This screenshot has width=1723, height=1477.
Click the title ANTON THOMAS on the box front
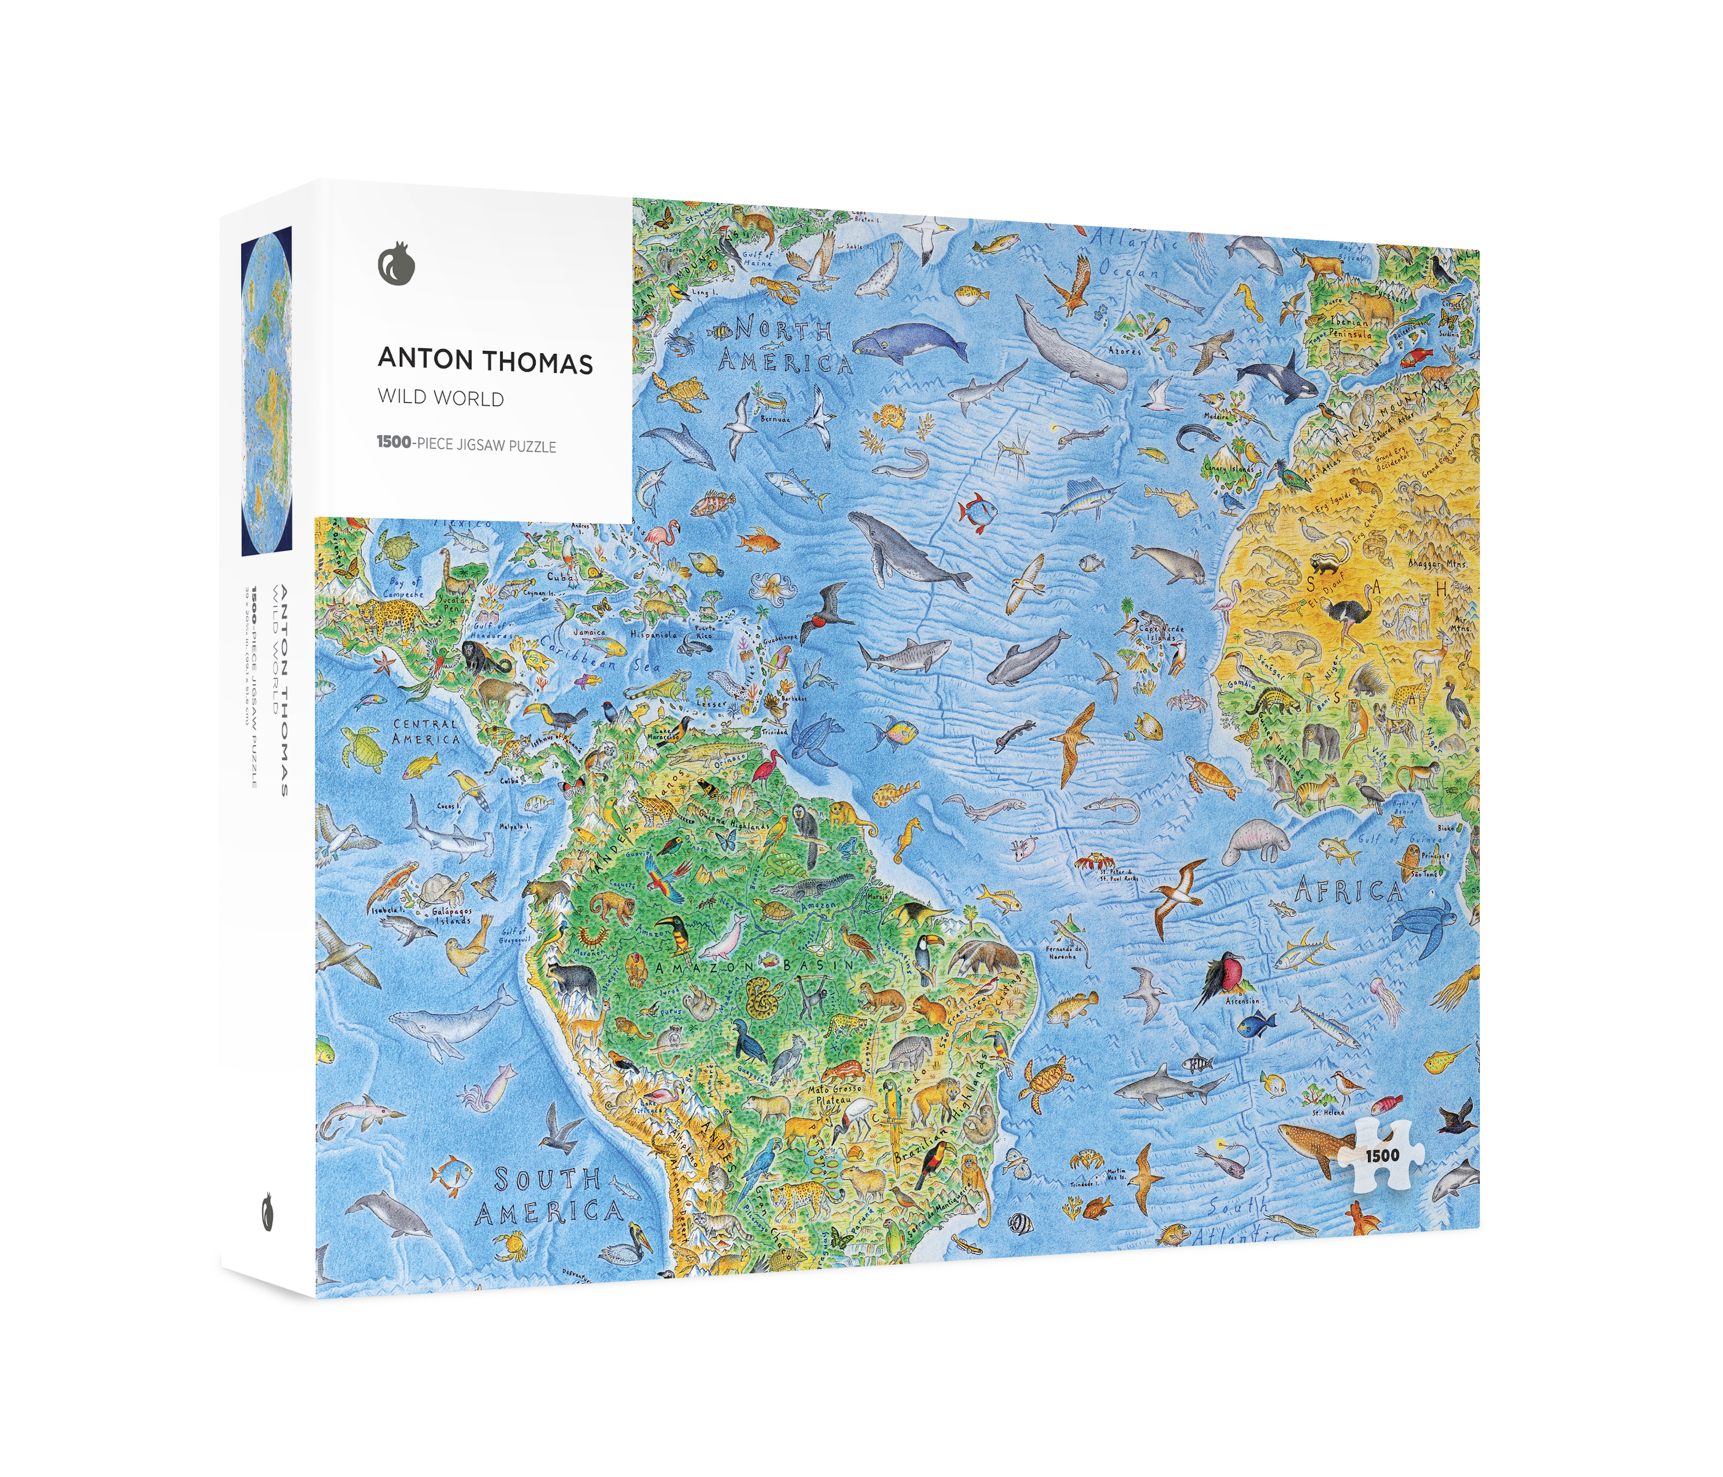pos(485,360)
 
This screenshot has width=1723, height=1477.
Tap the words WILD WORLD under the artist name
pos(441,398)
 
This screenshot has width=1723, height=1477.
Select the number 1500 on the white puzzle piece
pos(1381,1155)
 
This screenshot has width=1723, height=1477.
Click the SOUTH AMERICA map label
pos(550,1197)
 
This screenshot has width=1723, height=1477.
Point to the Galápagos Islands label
pos(452,916)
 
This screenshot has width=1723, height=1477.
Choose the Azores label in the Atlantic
pos(1124,350)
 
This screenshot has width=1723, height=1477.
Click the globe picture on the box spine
pos(266,390)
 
